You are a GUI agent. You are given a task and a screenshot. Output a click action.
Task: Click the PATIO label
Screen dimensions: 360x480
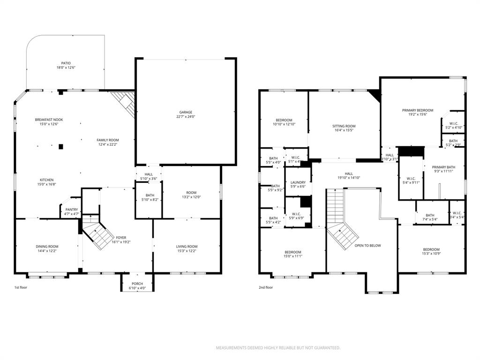tap(65, 63)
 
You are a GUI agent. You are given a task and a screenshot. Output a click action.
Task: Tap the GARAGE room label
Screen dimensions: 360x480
tap(186, 112)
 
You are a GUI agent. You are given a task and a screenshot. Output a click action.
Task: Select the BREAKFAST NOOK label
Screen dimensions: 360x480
tap(49, 120)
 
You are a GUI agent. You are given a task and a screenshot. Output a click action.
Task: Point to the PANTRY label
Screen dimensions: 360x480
tap(72, 210)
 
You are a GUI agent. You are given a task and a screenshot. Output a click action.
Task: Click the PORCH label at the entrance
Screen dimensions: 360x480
tap(137, 283)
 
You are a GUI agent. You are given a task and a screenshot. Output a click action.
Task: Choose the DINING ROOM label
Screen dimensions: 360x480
tap(47, 247)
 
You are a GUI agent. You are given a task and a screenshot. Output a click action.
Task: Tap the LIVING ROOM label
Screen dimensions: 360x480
tap(187, 247)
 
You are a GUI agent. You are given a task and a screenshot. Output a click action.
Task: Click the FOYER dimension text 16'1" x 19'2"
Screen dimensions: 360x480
tap(121, 242)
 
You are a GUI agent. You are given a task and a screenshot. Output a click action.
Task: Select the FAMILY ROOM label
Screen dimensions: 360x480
tap(108, 140)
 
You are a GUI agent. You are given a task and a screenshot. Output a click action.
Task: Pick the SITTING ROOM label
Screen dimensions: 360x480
tap(344, 126)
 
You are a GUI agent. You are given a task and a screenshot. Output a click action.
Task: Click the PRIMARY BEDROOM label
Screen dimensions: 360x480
tap(418, 111)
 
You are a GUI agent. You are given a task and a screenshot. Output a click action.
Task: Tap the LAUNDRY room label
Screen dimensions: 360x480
tap(298, 182)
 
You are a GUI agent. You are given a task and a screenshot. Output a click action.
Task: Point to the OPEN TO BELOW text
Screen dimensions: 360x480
tap(367, 245)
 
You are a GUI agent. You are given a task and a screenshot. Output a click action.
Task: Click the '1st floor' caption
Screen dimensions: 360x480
tap(21, 287)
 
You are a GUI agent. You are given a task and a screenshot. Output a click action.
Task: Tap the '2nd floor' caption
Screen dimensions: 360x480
tap(266, 287)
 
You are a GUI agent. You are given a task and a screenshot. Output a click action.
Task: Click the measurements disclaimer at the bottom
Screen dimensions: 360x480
tap(277, 348)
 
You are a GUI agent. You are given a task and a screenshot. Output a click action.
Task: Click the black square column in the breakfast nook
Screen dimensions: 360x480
tap(60, 146)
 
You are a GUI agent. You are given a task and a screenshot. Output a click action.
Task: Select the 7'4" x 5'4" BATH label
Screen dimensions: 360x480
tap(430, 215)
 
